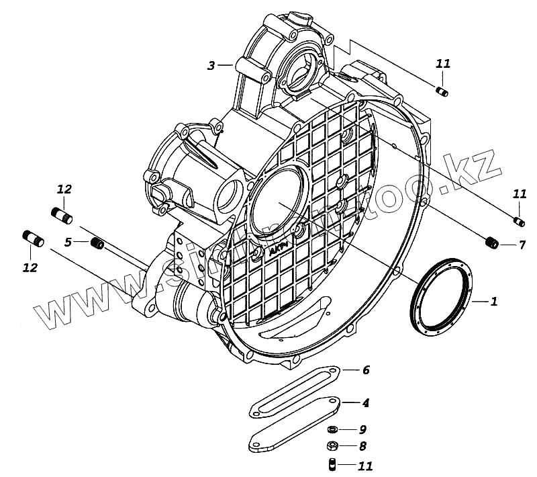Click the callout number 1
point(493,302)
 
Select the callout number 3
point(211,65)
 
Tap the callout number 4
point(365,403)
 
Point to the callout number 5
point(68,242)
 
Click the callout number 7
point(522,245)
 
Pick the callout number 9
point(362,429)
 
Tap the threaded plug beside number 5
point(97,243)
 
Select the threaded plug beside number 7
point(491,243)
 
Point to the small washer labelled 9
point(332,429)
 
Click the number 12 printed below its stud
point(30,267)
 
